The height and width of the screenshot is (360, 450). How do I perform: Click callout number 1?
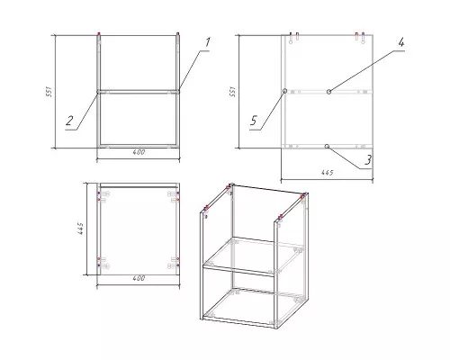coord(207,42)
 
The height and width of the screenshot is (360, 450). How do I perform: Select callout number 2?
coord(69,121)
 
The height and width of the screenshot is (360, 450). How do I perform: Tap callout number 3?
coord(368,160)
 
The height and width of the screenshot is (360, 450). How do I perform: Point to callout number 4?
coord(401,42)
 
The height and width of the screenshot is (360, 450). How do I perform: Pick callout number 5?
coord(254,121)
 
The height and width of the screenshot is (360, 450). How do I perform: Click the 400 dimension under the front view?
coord(139,152)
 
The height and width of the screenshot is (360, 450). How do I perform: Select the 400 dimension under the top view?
coord(139,278)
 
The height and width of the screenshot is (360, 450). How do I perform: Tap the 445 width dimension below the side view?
coord(327,173)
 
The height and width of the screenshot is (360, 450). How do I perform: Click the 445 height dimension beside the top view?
coord(81,229)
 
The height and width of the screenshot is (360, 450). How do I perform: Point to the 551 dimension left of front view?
coord(49,92)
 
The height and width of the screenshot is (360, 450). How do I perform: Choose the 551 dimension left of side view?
coord(232,92)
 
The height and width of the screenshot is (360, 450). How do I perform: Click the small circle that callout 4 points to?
coord(329,92)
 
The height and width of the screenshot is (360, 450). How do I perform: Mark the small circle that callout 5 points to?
coord(284,91)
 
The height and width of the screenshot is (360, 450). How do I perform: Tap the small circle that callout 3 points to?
coord(327,146)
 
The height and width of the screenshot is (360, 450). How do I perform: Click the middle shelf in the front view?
coord(139,92)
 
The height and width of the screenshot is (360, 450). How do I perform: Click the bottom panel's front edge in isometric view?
coord(238,321)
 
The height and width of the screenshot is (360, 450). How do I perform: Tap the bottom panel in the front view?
coord(139,146)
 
